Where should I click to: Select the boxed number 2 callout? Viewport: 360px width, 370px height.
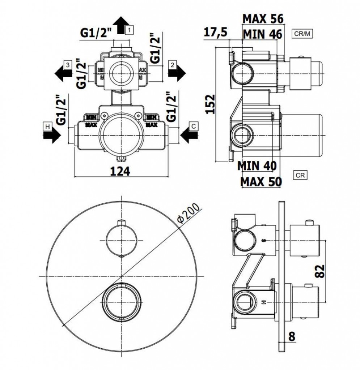coord(173,65)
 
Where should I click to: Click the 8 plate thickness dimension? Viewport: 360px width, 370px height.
coord(292,336)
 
